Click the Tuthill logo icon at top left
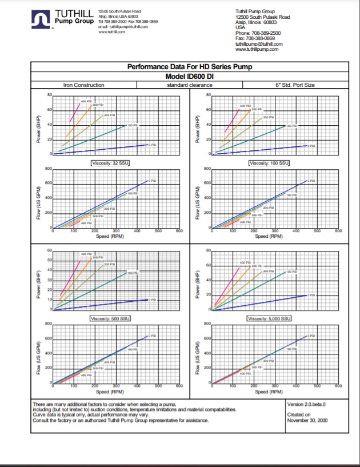(x=42, y=19)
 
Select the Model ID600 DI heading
(x=189, y=76)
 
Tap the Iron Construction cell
(x=83, y=85)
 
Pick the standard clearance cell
(x=190, y=85)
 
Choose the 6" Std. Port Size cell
(x=295, y=85)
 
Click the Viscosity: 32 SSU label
(x=111, y=163)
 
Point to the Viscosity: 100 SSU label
(x=269, y=163)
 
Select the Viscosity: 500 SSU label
(x=111, y=318)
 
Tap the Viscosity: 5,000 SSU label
(x=269, y=318)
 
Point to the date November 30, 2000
(x=307, y=420)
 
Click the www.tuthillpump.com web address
(x=257, y=49)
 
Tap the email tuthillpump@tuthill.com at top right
(x=259, y=44)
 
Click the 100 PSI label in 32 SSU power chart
(x=132, y=125)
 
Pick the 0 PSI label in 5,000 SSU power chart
(x=310, y=295)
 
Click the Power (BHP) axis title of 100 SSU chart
(x=197, y=124)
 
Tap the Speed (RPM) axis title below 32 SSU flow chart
(x=110, y=236)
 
